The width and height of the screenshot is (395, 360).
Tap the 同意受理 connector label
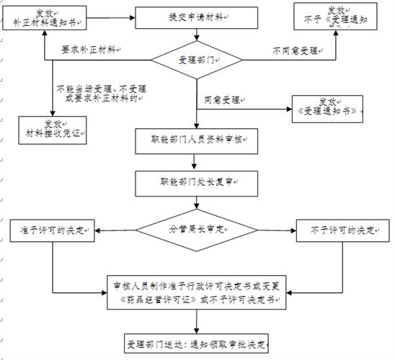(x=221, y=99)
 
